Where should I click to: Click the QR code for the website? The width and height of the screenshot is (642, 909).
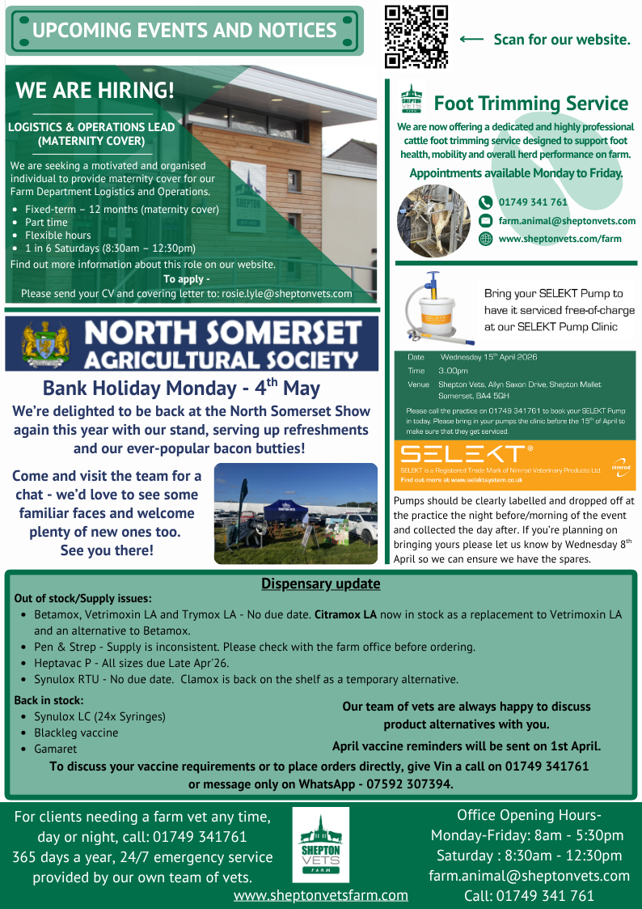pos(416,36)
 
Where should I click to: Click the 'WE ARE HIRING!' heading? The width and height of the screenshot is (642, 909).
pos(95,90)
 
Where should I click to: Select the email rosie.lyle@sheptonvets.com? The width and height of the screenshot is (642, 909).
pos(287,294)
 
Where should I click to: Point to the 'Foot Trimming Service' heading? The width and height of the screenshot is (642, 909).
pos(530,104)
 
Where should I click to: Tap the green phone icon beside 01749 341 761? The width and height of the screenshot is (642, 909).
pos(485,202)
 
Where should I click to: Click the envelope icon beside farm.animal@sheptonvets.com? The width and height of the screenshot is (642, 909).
pos(485,221)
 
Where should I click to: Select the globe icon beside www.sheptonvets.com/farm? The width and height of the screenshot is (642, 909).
pos(485,239)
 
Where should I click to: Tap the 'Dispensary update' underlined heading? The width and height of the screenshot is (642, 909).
pos(320,584)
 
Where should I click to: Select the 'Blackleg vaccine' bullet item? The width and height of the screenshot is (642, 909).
pos(76,733)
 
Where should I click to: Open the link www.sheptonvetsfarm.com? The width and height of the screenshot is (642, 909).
pos(320,895)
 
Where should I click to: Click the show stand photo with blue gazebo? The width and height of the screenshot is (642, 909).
pos(295,513)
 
